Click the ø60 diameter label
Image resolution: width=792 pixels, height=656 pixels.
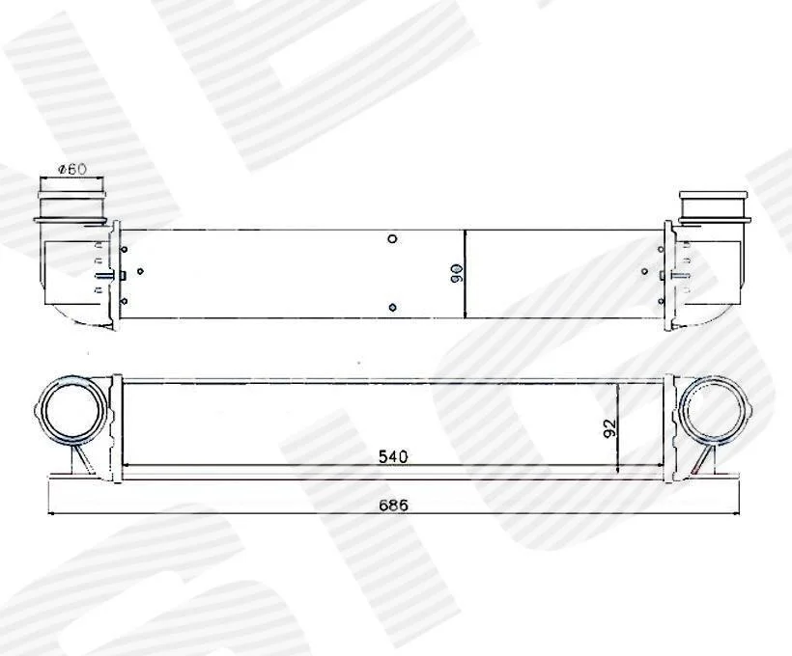(x=72, y=169)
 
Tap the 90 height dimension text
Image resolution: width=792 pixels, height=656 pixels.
(x=458, y=273)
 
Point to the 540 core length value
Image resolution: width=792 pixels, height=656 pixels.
(x=393, y=456)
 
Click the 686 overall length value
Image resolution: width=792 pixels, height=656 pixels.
(x=393, y=505)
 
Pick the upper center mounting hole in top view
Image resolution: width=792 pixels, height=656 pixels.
(x=392, y=238)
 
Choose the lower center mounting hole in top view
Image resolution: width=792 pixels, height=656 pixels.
(x=392, y=308)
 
